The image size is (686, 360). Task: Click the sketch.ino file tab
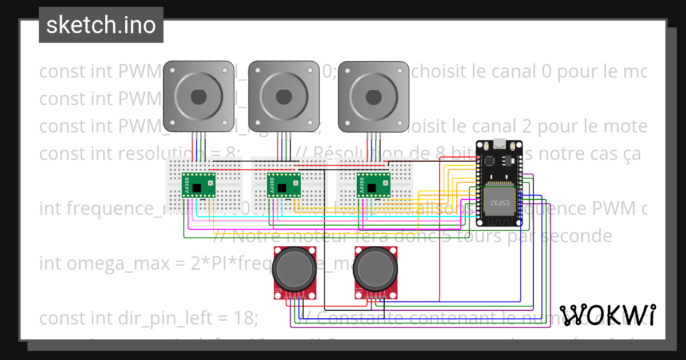(x=101, y=25)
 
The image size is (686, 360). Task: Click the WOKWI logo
(x=607, y=315)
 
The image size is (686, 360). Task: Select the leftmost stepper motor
(x=198, y=97)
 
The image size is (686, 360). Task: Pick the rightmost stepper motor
(x=374, y=97)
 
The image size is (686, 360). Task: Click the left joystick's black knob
(x=294, y=268)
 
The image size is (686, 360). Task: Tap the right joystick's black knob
(x=374, y=268)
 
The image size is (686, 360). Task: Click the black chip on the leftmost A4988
(x=197, y=187)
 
